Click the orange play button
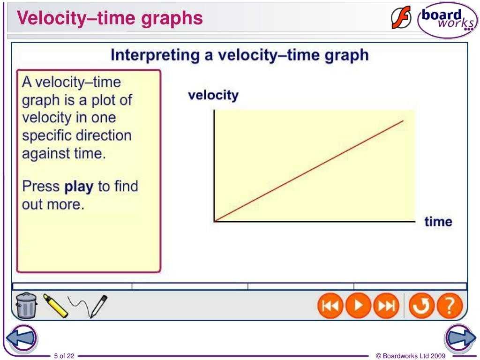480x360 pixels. (358, 306)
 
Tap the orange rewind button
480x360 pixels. (330, 306)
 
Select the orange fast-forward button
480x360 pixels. (386, 306)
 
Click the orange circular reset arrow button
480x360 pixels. (421, 306)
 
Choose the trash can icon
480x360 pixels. (26, 305)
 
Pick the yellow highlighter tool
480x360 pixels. (55, 306)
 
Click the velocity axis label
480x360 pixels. (213, 95)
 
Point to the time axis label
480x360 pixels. (438, 222)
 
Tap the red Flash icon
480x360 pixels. (401, 18)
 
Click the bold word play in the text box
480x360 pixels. (79, 187)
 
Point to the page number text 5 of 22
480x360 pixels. (64, 356)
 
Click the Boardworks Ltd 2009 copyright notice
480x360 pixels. (411, 356)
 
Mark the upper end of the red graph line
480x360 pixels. (403, 121)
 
